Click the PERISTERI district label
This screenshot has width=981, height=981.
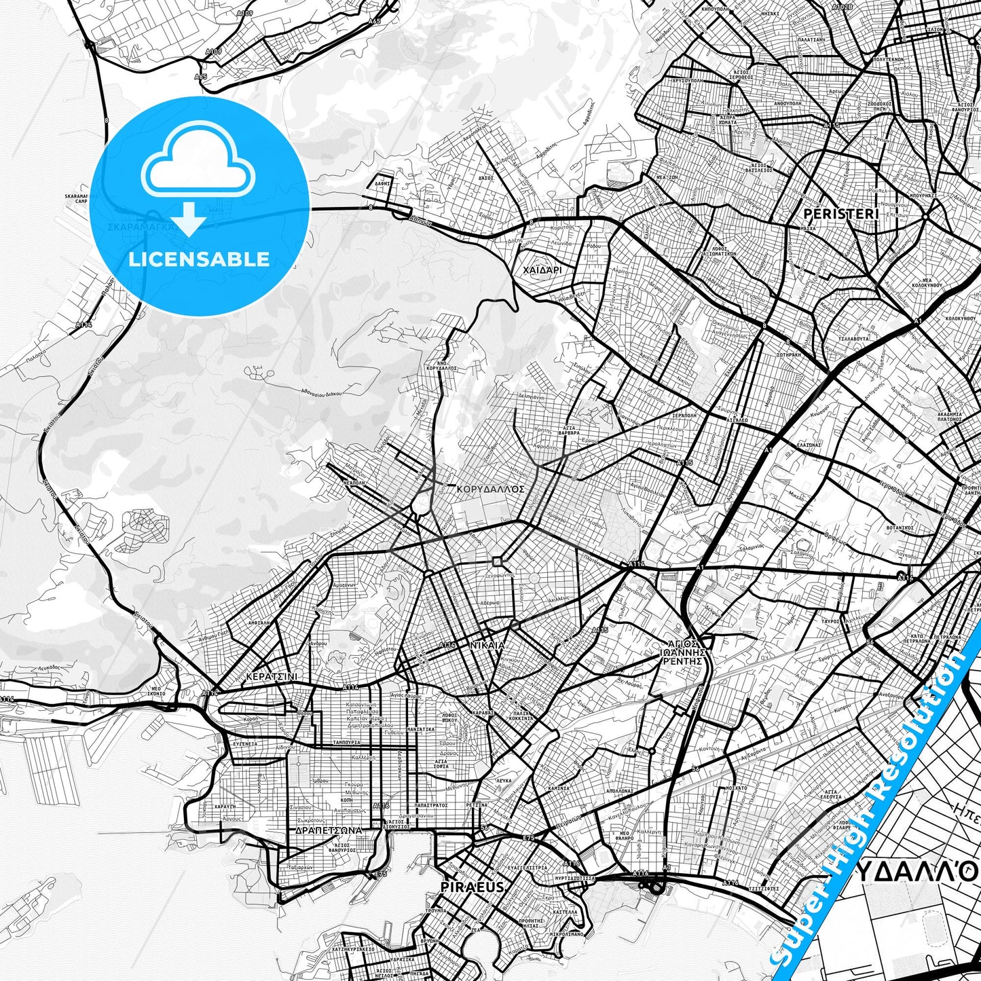[x=840, y=214]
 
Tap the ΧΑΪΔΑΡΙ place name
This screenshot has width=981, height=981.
[x=542, y=270]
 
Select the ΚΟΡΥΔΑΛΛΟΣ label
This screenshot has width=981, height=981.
[x=491, y=488]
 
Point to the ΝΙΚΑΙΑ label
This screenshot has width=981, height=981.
[x=487, y=645]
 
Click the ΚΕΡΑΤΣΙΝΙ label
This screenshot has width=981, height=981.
[x=272, y=677]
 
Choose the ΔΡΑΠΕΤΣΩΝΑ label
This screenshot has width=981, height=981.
[x=329, y=830]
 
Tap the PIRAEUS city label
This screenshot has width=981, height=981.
[x=473, y=887]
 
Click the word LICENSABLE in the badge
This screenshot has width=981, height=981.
[x=199, y=259]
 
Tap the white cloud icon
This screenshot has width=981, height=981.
[x=198, y=162]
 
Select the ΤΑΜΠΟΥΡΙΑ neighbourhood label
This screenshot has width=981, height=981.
[x=346, y=742]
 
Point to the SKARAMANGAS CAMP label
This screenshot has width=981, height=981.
[x=76, y=198]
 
